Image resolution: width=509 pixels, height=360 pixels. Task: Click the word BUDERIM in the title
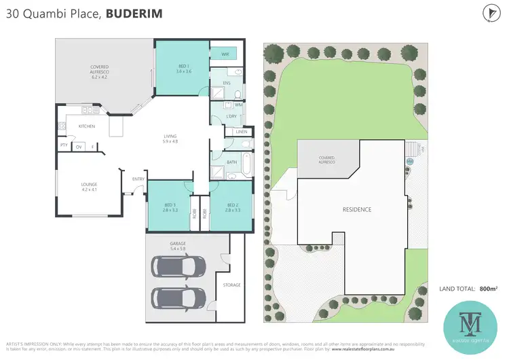tap(134, 14)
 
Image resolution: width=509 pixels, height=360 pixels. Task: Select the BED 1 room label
tap(182, 68)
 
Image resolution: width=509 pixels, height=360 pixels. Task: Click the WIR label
tap(223, 54)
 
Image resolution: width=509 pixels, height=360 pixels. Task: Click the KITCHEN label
tap(86, 126)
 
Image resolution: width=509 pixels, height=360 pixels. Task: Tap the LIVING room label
tap(170, 138)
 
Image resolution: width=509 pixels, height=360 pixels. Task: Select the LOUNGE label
tap(89, 184)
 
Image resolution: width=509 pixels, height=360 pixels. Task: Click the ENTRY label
tap(138, 179)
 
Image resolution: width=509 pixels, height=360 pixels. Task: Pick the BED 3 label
tap(170, 207)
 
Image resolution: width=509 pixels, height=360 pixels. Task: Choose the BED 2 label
tap(232, 207)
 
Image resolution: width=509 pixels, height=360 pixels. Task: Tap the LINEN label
tap(242, 132)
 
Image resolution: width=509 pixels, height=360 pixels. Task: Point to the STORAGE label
tap(231, 285)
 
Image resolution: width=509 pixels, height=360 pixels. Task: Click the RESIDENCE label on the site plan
tap(356, 209)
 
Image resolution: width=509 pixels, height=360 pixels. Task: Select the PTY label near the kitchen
tap(63, 145)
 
